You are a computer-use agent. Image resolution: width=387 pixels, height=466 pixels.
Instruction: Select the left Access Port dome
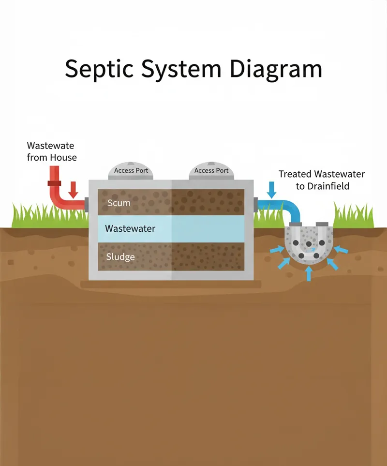(131, 170)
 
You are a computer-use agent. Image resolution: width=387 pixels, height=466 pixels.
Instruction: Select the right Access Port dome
(211, 170)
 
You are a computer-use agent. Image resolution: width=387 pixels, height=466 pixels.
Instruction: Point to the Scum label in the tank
(119, 203)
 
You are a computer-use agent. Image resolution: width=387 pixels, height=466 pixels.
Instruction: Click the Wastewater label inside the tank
(130, 228)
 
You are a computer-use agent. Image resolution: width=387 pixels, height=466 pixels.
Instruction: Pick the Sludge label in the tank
(120, 256)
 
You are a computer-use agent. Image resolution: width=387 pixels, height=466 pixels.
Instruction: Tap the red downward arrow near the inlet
(73, 190)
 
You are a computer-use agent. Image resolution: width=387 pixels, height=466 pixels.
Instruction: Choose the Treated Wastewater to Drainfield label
(322, 180)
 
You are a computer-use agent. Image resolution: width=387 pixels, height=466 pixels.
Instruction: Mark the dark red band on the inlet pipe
(54, 183)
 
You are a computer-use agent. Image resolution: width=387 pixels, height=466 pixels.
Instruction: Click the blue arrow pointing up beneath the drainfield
(309, 274)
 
